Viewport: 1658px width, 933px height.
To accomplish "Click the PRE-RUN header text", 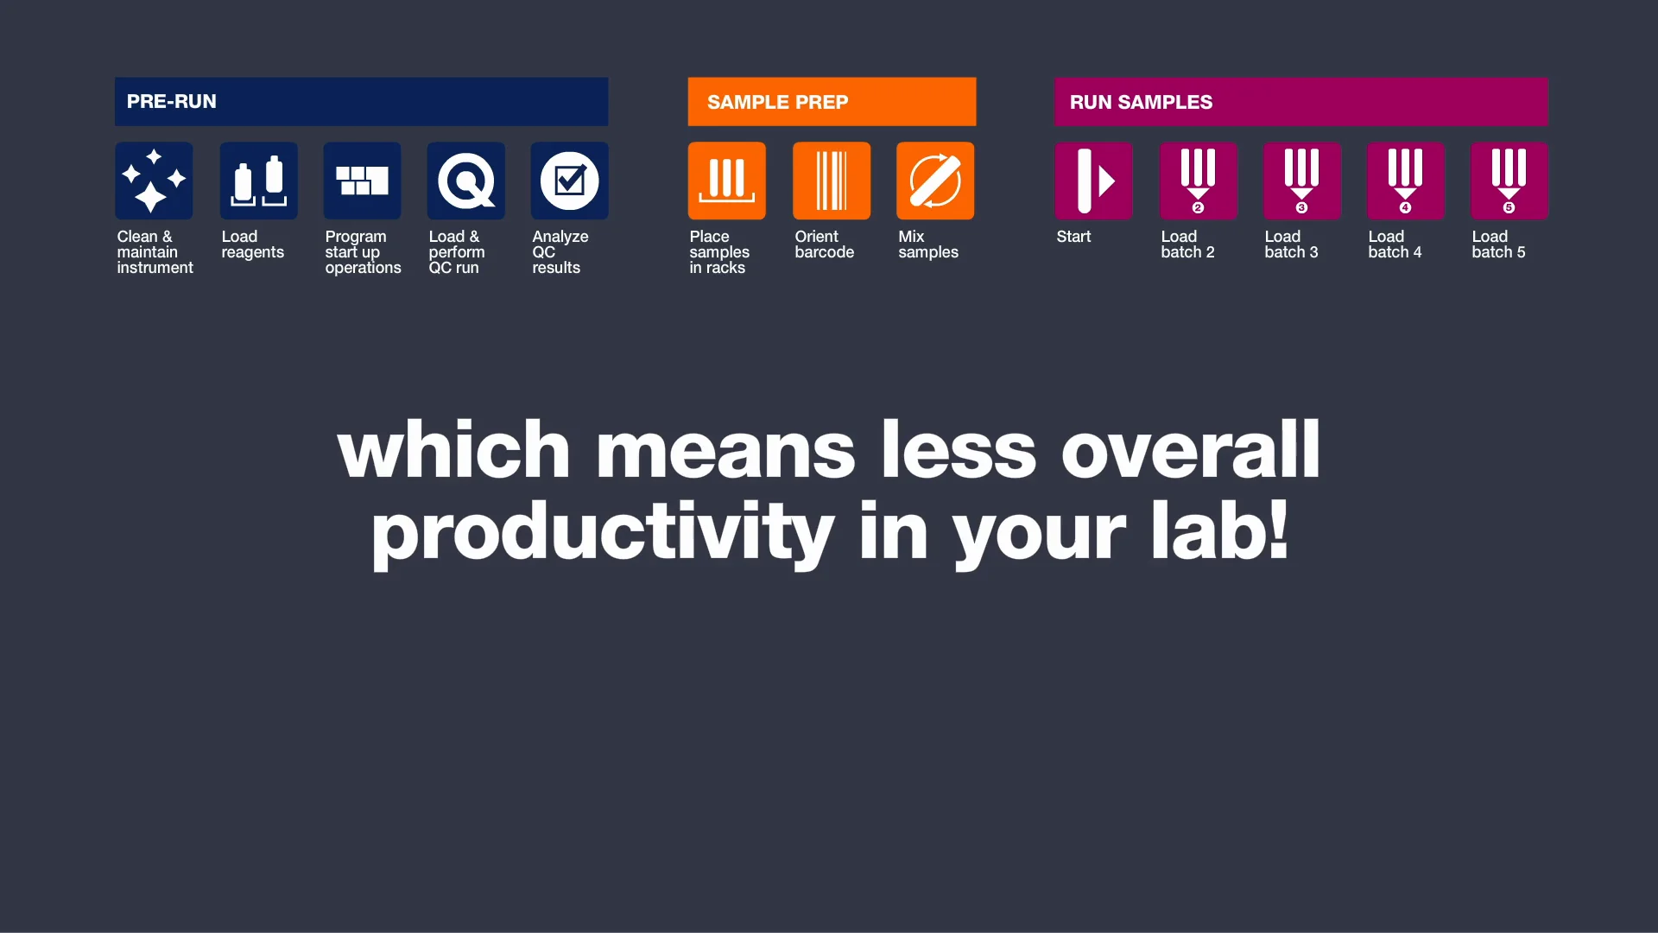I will pyautogui.click(x=171, y=102).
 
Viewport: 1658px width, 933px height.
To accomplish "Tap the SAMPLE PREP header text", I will pyautogui.click(x=777, y=102).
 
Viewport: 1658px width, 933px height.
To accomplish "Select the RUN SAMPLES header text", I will pyautogui.click(x=1141, y=102).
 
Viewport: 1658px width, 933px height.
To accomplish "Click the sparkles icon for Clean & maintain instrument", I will pyautogui.click(x=154, y=181).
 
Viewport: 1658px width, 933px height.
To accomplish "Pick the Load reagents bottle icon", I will pyautogui.click(x=258, y=181).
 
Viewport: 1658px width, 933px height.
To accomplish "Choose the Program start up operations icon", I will pyautogui.click(x=362, y=181).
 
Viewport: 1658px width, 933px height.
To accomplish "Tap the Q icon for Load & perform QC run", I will pyautogui.click(x=465, y=181).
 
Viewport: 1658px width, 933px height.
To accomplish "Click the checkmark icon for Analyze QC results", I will pyautogui.click(x=569, y=181).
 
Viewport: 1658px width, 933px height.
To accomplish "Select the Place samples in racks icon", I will pyautogui.click(x=726, y=181).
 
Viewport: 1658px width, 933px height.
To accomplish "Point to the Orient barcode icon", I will pyautogui.click(x=832, y=181).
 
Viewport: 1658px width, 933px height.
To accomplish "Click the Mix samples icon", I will pyautogui.click(x=935, y=181).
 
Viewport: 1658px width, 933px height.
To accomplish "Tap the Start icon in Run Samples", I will pyautogui.click(x=1093, y=181).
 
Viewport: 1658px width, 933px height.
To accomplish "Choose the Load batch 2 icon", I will pyautogui.click(x=1198, y=181).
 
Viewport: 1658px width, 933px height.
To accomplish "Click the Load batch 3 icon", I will pyautogui.click(x=1301, y=181).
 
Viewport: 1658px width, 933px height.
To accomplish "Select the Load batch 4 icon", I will pyautogui.click(x=1405, y=181).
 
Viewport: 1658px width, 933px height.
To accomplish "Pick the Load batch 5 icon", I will pyautogui.click(x=1509, y=181).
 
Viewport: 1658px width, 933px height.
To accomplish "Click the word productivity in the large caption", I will pyautogui.click(x=602, y=532).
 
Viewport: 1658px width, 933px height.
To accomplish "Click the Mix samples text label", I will pyautogui.click(x=927, y=244).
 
